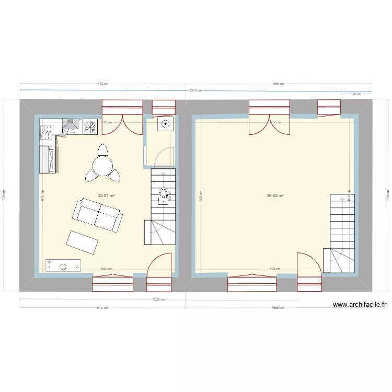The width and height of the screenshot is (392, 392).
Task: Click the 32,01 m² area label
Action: pyautogui.click(x=106, y=196)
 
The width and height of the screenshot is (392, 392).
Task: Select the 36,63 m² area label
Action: pyautogui.click(x=275, y=196)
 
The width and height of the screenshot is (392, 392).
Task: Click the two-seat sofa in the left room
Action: pyautogui.click(x=98, y=214)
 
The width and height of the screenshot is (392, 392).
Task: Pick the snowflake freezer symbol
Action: pyautogui.click(x=90, y=126)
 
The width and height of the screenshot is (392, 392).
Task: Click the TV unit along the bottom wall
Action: pyautogui.click(x=63, y=266)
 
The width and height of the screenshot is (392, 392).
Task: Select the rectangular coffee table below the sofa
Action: pyautogui.click(x=82, y=242)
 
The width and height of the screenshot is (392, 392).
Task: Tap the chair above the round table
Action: pyautogui.click(x=102, y=151)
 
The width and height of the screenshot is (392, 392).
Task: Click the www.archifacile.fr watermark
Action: pyautogui.click(x=359, y=305)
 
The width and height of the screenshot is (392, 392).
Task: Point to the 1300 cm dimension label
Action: pyautogui.click(x=195, y=90)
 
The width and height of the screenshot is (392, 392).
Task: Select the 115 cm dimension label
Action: pyautogui.click(x=355, y=94)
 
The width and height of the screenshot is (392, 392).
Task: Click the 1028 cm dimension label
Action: pyautogui.click(x=159, y=299)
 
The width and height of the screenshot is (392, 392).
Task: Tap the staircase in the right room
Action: pyautogui.click(x=342, y=234)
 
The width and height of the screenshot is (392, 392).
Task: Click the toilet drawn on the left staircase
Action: pyautogui.click(x=163, y=196)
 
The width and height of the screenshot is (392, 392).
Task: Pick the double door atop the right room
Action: pyautogui.click(x=269, y=118)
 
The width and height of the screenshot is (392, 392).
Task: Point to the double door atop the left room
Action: pyautogui.click(x=122, y=118)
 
